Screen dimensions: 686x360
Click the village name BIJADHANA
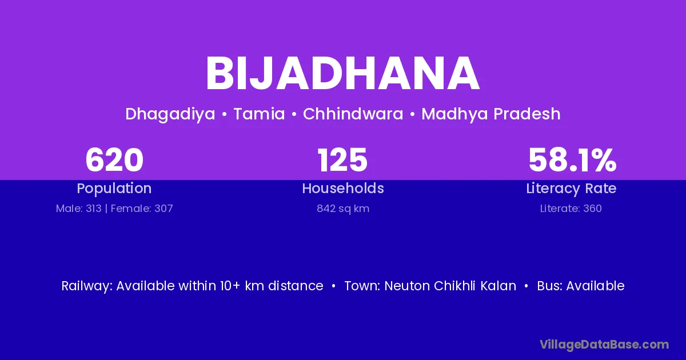click(342, 74)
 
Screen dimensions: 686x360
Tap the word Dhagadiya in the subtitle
click(170, 114)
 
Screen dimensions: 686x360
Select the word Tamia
click(259, 114)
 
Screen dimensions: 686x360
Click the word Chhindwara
click(353, 114)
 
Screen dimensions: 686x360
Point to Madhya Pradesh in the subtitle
click(491, 114)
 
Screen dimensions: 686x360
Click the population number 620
click(114, 160)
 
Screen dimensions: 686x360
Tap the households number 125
click(342, 160)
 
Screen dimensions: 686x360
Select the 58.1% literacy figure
click(572, 160)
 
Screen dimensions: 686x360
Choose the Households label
click(343, 188)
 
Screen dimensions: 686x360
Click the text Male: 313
click(78, 209)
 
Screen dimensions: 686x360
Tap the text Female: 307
click(142, 209)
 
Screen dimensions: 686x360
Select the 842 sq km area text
click(343, 209)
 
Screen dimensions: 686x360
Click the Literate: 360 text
click(571, 209)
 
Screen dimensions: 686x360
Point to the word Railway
click(87, 286)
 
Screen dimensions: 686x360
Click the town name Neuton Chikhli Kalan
click(450, 286)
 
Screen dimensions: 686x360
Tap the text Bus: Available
click(581, 286)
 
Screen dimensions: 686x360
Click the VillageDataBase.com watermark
click(604, 345)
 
